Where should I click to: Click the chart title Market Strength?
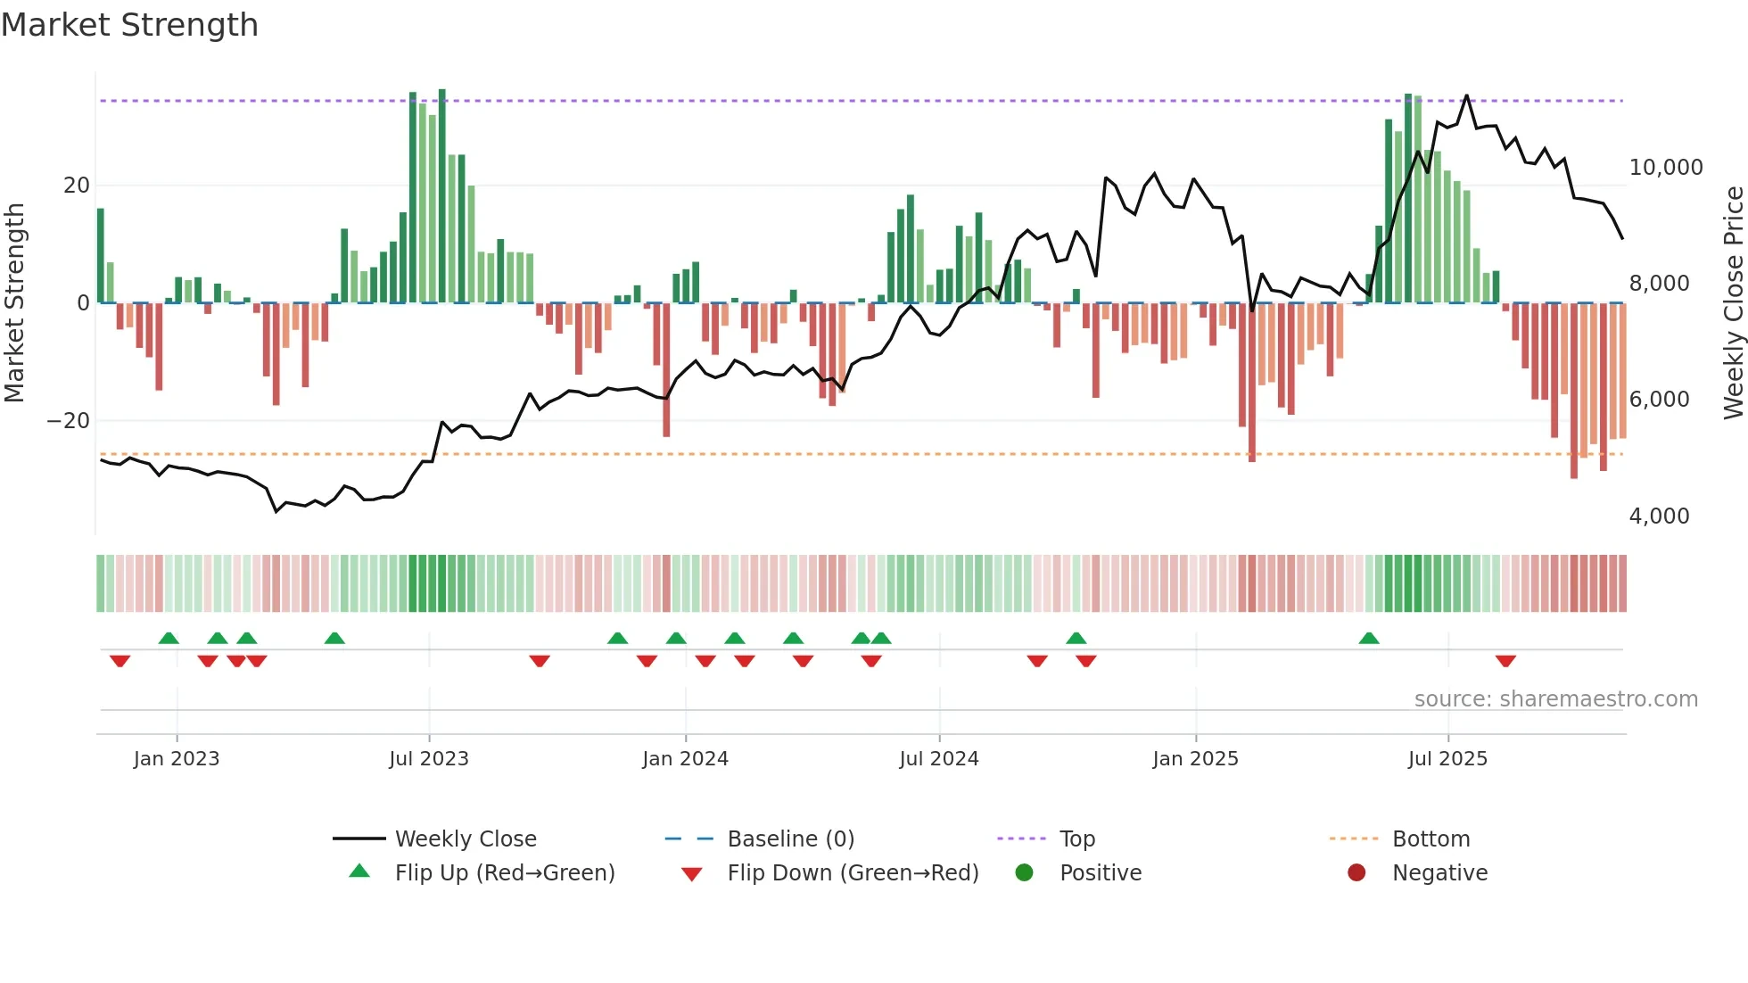click(129, 25)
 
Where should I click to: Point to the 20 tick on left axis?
click(77, 186)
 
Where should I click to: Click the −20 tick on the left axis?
click(69, 421)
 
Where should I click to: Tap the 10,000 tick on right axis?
click(1665, 168)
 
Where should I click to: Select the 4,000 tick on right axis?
click(1659, 516)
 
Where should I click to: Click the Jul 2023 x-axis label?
click(429, 759)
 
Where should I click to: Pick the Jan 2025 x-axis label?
click(1195, 759)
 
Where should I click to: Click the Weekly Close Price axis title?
click(1733, 303)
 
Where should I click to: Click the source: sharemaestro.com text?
click(1555, 699)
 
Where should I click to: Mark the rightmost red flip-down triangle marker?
click(1505, 661)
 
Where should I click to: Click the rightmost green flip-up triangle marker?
click(1369, 638)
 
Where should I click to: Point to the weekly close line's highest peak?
click(1466, 95)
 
